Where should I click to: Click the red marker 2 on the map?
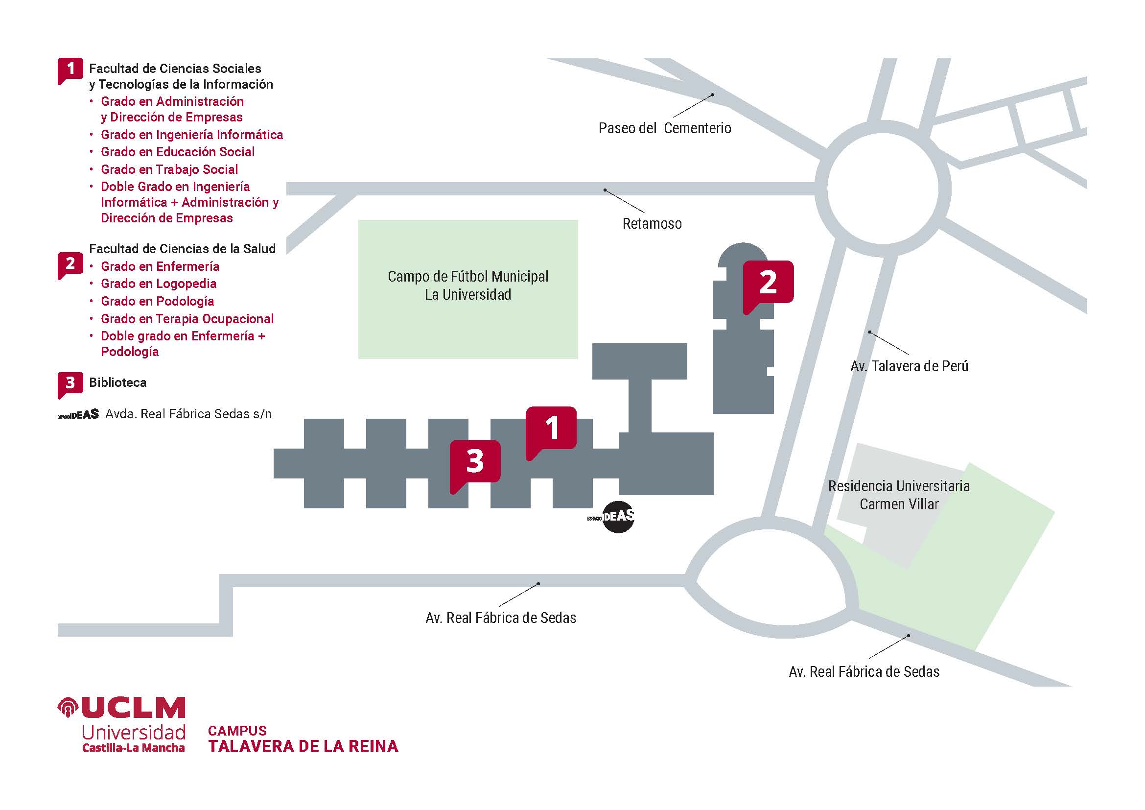(x=768, y=282)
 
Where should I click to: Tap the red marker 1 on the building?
(x=551, y=428)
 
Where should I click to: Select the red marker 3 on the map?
(x=475, y=461)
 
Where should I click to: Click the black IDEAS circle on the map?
(x=618, y=517)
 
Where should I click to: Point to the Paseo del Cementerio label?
(x=664, y=128)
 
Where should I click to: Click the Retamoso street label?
(x=652, y=223)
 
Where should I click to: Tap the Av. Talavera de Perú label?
(x=909, y=366)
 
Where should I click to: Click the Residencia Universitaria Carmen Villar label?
(x=899, y=495)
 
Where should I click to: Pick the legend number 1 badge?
(x=70, y=70)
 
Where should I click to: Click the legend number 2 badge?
(x=70, y=264)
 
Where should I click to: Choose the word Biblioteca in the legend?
(x=117, y=382)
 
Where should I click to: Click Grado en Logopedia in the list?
(x=159, y=284)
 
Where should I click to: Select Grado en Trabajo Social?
(x=169, y=169)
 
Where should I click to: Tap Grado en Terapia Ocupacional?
(x=187, y=319)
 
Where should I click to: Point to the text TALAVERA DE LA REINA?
(x=303, y=746)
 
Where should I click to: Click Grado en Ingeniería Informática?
(x=191, y=135)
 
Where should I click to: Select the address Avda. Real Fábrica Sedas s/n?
(x=188, y=414)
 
